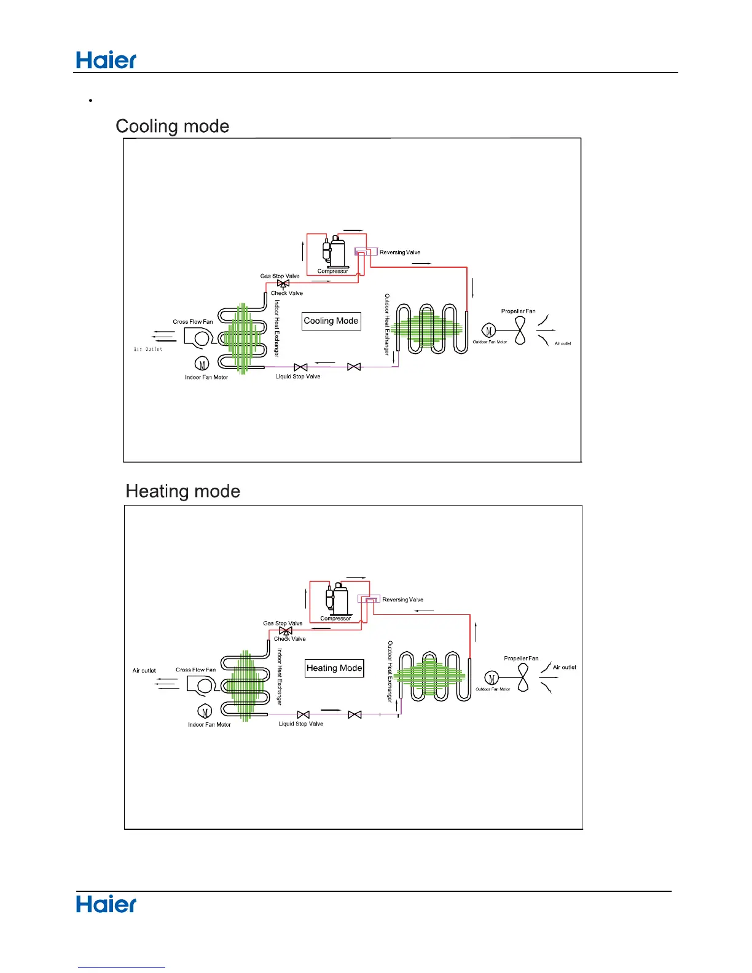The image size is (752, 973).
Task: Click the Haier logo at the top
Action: pos(106,60)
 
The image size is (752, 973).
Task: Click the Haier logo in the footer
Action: pos(106,904)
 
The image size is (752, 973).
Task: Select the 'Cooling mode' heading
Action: pos(173,126)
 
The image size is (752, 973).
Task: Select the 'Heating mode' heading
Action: pos(183,491)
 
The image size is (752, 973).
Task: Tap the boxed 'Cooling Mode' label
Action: pos(331,321)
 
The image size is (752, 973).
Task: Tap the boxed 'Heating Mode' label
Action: pos(334,668)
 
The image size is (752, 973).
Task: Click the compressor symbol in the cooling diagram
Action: pos(335,252)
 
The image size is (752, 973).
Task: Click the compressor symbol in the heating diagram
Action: pos(338,600)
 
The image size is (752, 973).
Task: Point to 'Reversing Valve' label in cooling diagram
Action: pos(400,252)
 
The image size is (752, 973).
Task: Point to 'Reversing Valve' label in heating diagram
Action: pos(403,600)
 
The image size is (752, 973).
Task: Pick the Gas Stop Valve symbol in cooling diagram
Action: pos(283,284)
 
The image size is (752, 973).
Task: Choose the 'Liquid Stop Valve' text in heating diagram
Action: pos(301,724)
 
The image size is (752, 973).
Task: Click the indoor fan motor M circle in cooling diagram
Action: pos(202,364)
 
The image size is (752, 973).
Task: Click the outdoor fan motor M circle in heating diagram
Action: pos(492,678)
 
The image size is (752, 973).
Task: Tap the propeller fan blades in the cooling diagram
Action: pos(520,331)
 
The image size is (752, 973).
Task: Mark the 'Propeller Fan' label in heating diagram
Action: pos(521,658)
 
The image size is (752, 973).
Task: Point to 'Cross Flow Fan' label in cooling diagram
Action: pos(193,322)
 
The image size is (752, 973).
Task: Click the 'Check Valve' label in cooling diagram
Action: pos(287,294)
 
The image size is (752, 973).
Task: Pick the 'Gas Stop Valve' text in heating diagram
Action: pos(283,623)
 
